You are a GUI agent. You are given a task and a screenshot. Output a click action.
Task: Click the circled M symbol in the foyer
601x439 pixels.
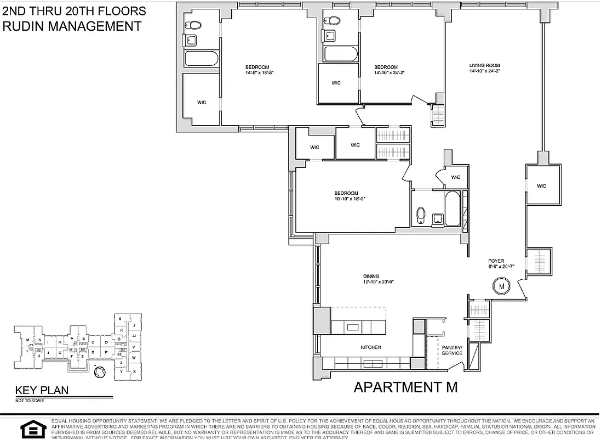[x=501, y=285]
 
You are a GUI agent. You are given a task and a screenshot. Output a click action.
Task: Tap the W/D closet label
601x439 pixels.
[x=456, y=177]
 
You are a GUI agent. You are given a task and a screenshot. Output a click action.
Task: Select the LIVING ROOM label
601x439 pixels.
[x=484, y=66]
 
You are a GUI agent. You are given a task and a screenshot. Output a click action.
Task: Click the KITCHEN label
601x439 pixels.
[x=370, y=347]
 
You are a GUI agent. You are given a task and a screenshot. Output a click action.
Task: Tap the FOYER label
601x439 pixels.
[x=496, y=261]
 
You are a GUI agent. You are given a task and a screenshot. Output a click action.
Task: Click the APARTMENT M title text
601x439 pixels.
[x=405, y=387]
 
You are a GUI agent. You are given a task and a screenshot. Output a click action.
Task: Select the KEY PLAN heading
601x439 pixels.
[x=42, y=391]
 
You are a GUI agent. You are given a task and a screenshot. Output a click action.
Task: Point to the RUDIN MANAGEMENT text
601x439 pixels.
[x=72, y=25]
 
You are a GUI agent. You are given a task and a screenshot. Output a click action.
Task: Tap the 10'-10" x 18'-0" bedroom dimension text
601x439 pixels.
[x=350, y=199]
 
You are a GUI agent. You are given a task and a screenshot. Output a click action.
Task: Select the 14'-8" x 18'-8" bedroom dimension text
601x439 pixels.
[x=259, y=72]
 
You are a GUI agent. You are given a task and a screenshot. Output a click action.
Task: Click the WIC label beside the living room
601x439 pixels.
[x=542, y=185]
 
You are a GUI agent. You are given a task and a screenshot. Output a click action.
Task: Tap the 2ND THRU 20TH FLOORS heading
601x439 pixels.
[x=74, y=10]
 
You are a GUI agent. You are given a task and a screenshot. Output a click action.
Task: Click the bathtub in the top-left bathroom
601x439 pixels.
[x=201, y=59]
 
